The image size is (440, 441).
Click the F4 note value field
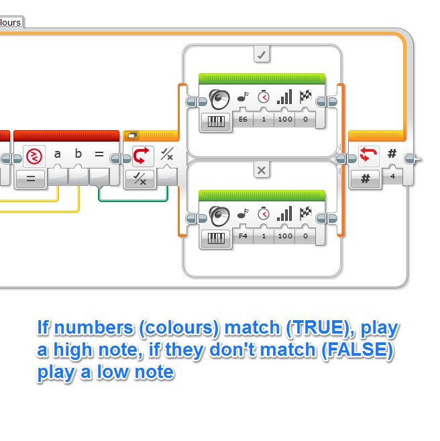point(243,236)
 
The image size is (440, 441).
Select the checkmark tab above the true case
point(262,55)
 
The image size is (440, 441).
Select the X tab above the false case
point(262,170)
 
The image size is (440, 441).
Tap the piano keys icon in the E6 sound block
point(215,121)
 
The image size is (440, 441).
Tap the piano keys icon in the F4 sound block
point(215,237)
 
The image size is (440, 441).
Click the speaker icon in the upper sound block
point(219,99)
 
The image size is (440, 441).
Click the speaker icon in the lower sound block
point(219,215)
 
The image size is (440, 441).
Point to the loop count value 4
point(392,178)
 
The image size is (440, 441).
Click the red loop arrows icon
point(366,155)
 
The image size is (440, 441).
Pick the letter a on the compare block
point(58,154)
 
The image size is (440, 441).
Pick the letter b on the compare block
point(78,154)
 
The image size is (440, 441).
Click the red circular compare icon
point(34,156)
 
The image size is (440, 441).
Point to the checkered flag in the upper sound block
point(306,98)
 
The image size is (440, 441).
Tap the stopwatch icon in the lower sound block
point(264,213)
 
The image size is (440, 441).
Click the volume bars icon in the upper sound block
point(284,98)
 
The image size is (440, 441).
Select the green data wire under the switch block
point(134,199)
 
